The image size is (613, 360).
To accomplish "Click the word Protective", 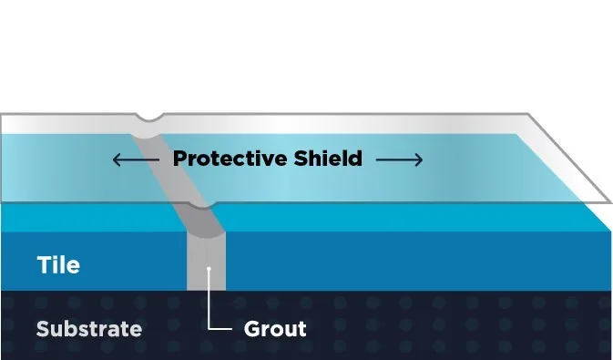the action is point(230,159).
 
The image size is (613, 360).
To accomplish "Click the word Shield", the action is point(328,158).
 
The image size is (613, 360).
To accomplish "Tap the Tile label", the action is point(58,265).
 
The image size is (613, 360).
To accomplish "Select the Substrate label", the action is point(89,329).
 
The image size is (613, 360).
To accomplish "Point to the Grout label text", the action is point(275,329).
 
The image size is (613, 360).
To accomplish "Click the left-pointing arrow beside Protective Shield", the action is point(136,159).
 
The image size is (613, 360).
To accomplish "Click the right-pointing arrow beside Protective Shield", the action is point(399,159).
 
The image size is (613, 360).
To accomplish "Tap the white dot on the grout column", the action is point(209,269).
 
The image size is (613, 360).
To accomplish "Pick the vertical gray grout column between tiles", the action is point(206,262).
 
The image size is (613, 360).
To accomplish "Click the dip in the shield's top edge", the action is point(149,118).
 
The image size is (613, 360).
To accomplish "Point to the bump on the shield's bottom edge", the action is point(202,205).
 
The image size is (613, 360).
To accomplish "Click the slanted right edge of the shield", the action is point(570,158).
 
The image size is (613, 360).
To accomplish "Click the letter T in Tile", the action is point(44,265).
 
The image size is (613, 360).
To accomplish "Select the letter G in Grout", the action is point(252,329).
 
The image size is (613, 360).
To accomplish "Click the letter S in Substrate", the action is point(43,329).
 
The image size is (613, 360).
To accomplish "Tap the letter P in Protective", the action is point(179,159).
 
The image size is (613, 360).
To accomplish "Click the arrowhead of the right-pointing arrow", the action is point(419,159).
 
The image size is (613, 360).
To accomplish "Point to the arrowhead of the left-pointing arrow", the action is point(116,159).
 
